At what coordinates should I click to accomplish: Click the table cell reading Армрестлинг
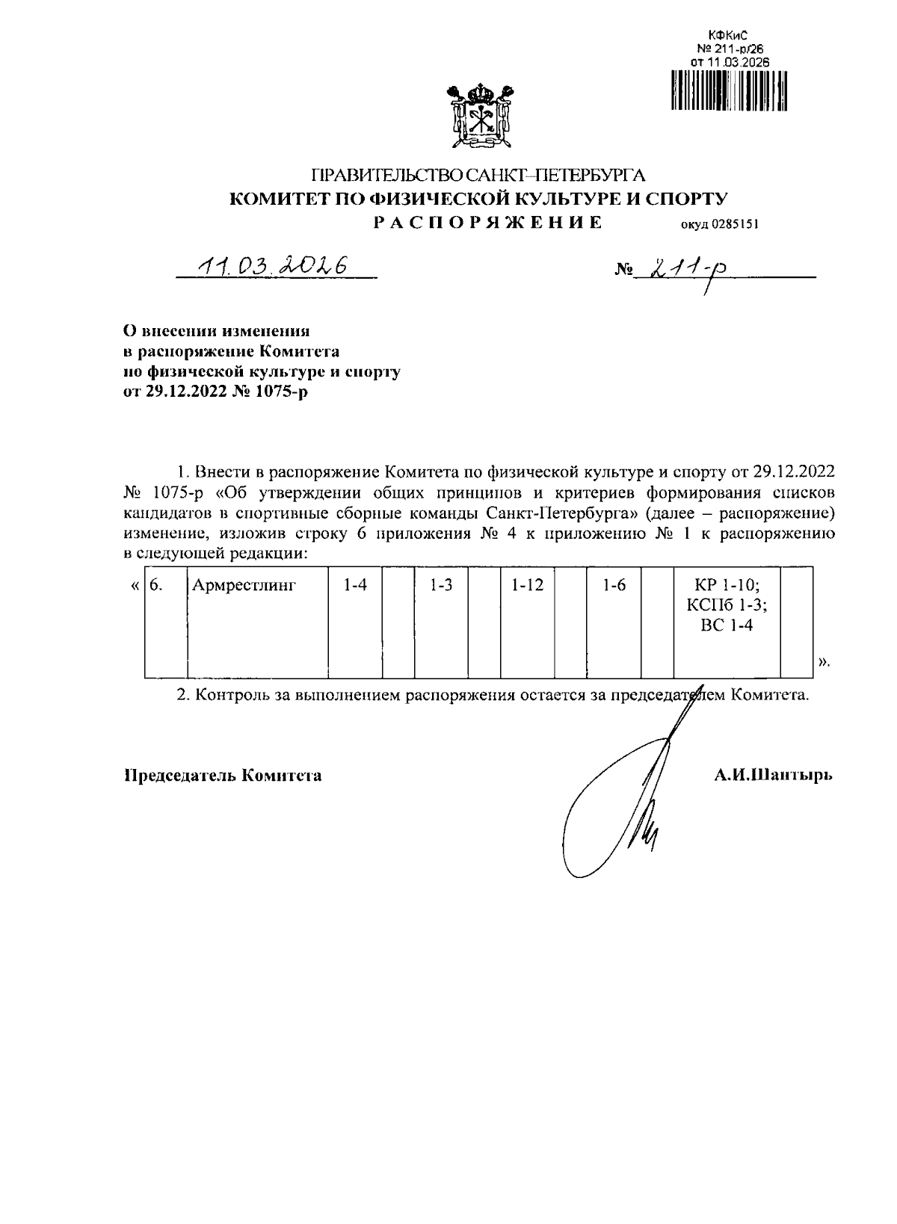pos(244,586)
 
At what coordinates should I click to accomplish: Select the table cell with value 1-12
pos(527,586)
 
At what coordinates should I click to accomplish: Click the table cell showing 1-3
pos(441,586)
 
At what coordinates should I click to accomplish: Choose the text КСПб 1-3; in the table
pos(727,605)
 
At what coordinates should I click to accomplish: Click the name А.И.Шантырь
pos(772,776)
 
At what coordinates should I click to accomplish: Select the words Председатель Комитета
pos(223,776)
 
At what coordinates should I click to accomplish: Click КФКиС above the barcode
pos(727,35)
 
